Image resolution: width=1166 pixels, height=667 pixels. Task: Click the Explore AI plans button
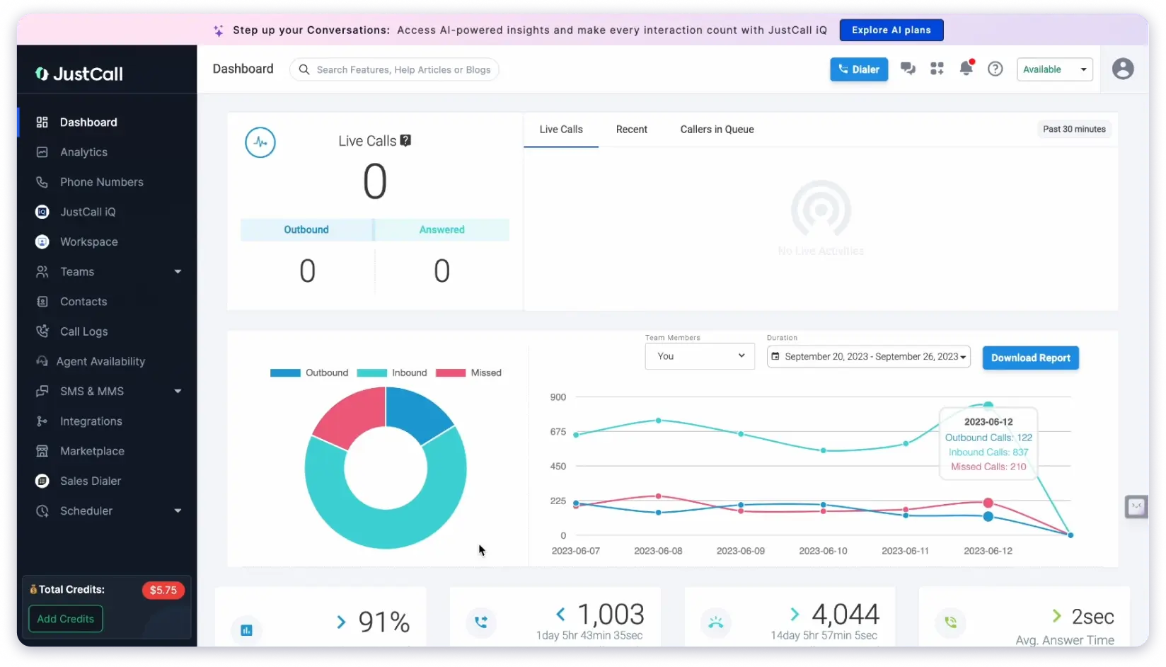click(x=891, y=30)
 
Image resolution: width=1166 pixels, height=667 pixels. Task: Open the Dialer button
click(x=858, y=69)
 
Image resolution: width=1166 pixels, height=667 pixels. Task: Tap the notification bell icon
click(x=965, y=69)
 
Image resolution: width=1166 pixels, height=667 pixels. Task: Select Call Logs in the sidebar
click(x=83, y=331)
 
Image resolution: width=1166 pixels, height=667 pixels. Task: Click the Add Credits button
click(x=65, y=619)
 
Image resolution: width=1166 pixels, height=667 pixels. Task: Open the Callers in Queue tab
click(x=717, y=130)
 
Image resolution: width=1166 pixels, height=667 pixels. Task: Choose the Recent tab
click(x=631, y=130)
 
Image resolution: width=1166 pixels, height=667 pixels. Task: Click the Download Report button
click(x=1030, y=358)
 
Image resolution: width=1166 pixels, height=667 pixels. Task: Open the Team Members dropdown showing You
click(x=699, y=356)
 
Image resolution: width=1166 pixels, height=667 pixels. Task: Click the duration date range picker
click(x=868, y=357)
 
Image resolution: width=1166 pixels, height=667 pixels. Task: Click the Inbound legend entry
click(x=393, y=373)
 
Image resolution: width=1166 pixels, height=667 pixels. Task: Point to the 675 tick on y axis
click(x=558, y=432)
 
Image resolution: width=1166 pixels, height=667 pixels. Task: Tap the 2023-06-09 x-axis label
click(x=740, y=551)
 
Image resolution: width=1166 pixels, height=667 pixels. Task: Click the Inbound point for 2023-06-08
click(x=658, y=421)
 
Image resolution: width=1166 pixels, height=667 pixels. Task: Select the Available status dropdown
click(x=1054, y=69)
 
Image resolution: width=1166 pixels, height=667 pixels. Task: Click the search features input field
click(x=403, y=69)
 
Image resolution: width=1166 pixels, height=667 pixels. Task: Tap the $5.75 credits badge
click(x=163, y=591)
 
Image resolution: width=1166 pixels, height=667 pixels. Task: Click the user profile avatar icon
click(x=1122, y=69)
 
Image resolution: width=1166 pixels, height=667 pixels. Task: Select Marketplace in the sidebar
click(x=92, y=451)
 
